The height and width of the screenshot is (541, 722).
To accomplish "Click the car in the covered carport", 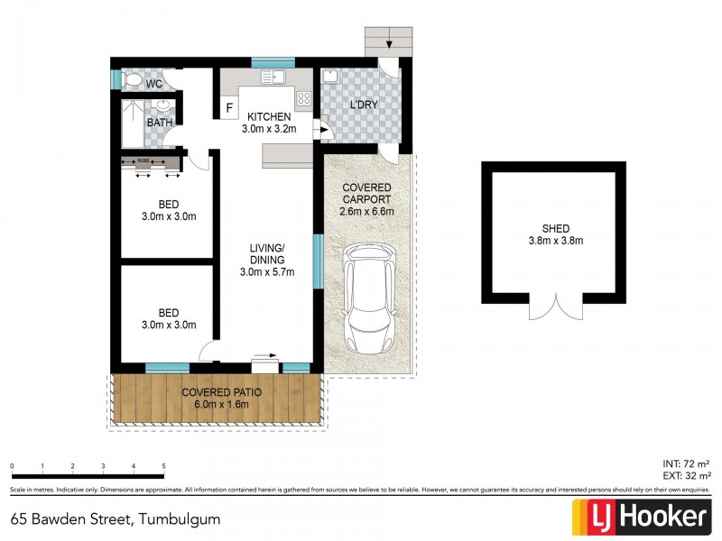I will click(369, 299).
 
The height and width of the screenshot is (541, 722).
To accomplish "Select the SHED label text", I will click(555, 227).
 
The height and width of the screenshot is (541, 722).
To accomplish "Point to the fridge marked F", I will click(229, 108).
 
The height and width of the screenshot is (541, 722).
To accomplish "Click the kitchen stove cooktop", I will click(303, 100).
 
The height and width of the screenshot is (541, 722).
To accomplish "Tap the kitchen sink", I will click(273, 78).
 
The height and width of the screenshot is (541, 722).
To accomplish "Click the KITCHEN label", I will click(268, 116).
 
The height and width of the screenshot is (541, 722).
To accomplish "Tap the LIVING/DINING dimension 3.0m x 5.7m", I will click(268, 273).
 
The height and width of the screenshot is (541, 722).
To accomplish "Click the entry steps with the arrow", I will click(388, 41).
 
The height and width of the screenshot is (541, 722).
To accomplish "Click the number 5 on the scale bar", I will click(163, 466).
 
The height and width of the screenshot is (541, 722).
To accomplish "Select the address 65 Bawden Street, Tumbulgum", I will click(116, 519).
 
